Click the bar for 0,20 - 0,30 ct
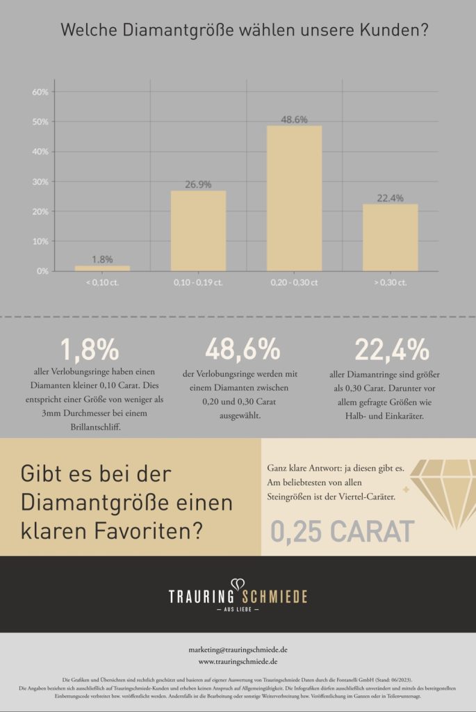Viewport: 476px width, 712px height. point(294,198)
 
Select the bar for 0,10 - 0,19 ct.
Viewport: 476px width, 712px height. point(198,231)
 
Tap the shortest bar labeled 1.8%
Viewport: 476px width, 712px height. point(102,268)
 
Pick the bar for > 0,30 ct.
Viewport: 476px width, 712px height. point(390,237)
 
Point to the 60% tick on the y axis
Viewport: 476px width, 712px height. point(40,92)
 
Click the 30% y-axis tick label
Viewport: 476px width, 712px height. point(40,181)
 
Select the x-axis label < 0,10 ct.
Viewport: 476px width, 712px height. point(102,282)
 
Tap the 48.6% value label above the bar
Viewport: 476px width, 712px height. point(294,120)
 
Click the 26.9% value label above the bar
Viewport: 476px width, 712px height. point(198,185)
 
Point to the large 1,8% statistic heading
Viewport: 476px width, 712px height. point(89,350)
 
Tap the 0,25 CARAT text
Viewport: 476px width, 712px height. point(342,532)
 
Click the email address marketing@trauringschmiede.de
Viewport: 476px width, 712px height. point(238,649)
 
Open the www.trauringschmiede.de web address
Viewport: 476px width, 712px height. point(238,661)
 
